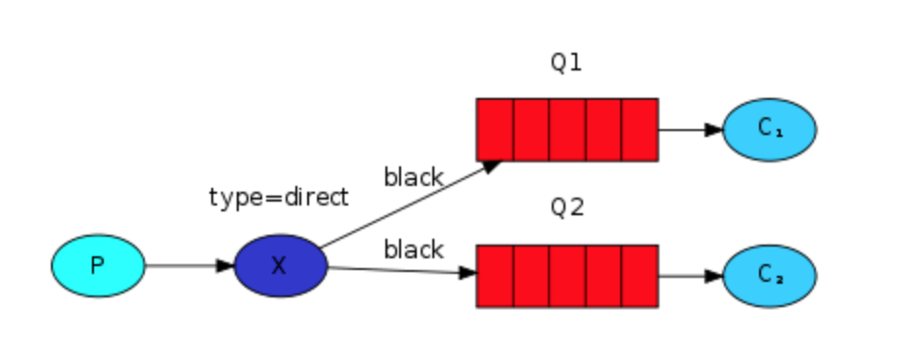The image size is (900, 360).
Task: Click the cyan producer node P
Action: pos(98,265)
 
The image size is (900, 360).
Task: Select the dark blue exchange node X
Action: pos(280,265)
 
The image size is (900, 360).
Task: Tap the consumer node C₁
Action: pos(769,129)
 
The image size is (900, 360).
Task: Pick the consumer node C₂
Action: pos(769,276)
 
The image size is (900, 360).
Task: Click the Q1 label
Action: pos(566,64)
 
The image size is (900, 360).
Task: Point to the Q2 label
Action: pos(566,208)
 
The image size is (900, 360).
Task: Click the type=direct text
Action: pos(279,197)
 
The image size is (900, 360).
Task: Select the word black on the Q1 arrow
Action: pos(413,177)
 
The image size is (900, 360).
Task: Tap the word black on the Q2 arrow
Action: pos(413,249)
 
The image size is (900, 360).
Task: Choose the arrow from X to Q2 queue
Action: pos(401,271)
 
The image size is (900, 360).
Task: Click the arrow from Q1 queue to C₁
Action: pos(690,129)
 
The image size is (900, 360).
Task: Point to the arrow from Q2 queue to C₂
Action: pos(690,276)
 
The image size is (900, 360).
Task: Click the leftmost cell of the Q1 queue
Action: pos(495,129)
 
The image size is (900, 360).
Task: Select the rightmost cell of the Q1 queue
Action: pos(640,129)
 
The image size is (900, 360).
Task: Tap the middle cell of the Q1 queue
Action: pos(567,129)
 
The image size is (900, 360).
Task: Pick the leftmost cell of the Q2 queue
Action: pos(495,276)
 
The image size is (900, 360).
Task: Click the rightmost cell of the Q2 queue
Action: pos(640,276)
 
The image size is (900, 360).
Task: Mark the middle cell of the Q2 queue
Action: pos(567,276)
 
